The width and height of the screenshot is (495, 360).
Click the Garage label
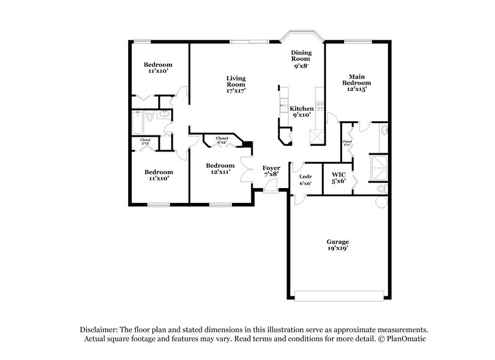(x=338, y=244)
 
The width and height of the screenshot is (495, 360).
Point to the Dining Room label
(x=301, y=58)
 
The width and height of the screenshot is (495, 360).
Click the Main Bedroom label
(x=357, y=82)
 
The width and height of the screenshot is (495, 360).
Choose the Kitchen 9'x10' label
(x=302, y=111)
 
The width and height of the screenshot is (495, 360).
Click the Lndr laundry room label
(x=305, y=179)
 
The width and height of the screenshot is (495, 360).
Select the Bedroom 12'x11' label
(x=220, y=168)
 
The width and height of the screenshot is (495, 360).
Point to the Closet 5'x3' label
(x=145, y=142)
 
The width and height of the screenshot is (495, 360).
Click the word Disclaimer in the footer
(x=99, y=330)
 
